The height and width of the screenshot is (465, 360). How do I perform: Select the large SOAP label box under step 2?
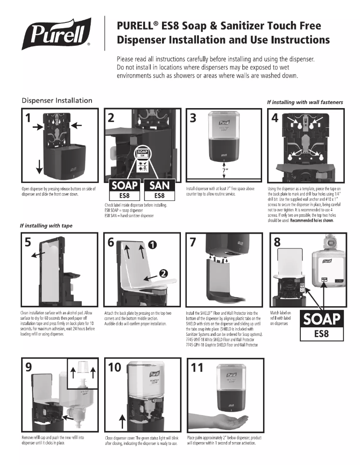pos(124,190)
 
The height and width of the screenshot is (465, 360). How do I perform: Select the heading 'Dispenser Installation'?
pos(57,100)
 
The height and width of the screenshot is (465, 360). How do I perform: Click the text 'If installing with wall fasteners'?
pos(305,102)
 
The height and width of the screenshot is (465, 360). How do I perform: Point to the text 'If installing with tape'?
pos(46,226)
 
